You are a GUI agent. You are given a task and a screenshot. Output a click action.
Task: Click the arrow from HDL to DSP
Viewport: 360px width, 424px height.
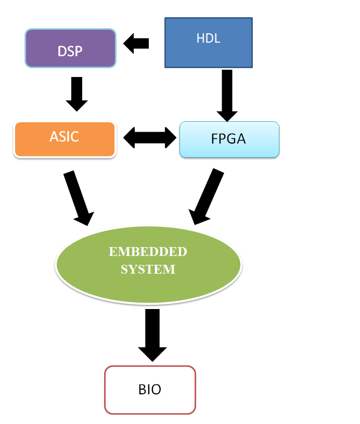click(136, 43)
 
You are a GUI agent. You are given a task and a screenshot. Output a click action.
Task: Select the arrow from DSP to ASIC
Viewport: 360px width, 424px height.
click(76, 94)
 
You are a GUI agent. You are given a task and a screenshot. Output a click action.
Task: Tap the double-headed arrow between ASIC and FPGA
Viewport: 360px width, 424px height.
click(150, 137)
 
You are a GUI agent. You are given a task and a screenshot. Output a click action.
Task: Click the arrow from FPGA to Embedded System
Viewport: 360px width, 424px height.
click(207, 197)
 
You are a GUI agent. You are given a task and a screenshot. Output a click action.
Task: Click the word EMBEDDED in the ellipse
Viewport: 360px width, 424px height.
click(148, 252)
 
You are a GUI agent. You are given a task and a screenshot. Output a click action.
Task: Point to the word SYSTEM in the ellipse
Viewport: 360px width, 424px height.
click(148, 269)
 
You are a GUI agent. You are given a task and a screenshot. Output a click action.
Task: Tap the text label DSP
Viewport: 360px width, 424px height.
click(70, 51)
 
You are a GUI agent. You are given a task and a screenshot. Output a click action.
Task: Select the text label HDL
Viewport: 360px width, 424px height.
click(208, 38)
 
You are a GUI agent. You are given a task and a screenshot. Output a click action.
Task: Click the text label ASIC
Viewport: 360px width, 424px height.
click(65, 136)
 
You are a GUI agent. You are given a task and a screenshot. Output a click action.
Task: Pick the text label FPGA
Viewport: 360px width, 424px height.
click(229, 139)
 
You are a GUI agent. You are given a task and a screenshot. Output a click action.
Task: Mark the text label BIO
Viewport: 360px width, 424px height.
click(150, 390)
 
